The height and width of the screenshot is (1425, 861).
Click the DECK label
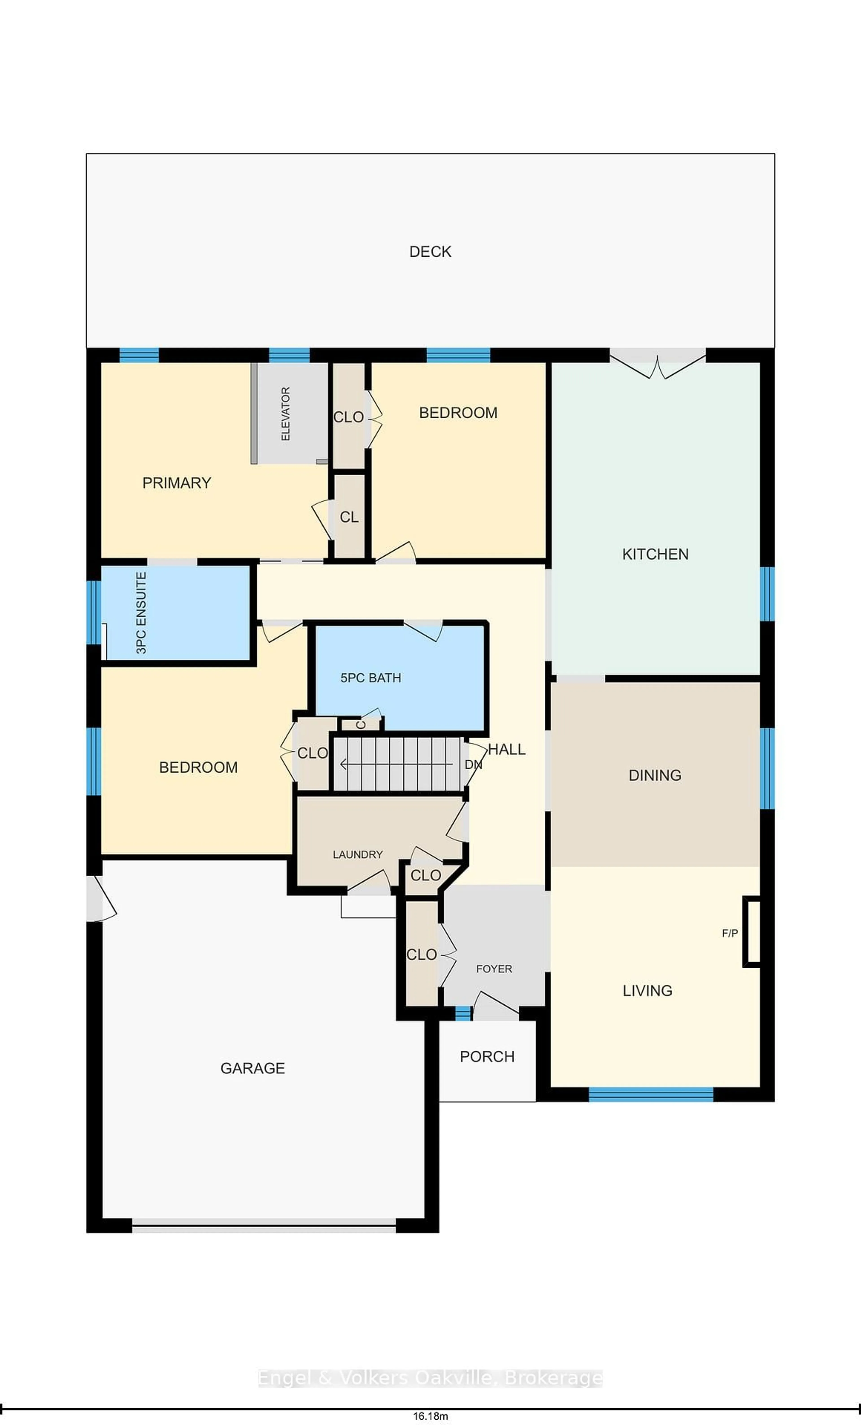(x=430, y=252)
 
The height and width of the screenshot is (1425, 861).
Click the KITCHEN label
(x=655, y=554)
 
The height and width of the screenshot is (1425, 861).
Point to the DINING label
(x=654, y=775)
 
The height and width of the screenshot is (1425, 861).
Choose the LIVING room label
(x=647, y=991)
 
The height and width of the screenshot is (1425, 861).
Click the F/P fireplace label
(x=730, y=933)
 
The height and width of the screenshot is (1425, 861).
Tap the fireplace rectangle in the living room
(x=751, y=931)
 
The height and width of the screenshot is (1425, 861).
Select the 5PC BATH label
(x=371, y=678)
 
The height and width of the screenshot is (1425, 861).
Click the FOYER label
(x=494, y=969)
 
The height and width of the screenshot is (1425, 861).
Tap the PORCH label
(x=487, y=1057)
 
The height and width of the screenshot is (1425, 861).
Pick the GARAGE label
(x=253, y=1068)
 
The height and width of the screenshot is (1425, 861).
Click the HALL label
(x=507, y=749)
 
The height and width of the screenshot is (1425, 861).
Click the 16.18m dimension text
(x=430, y=1416)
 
